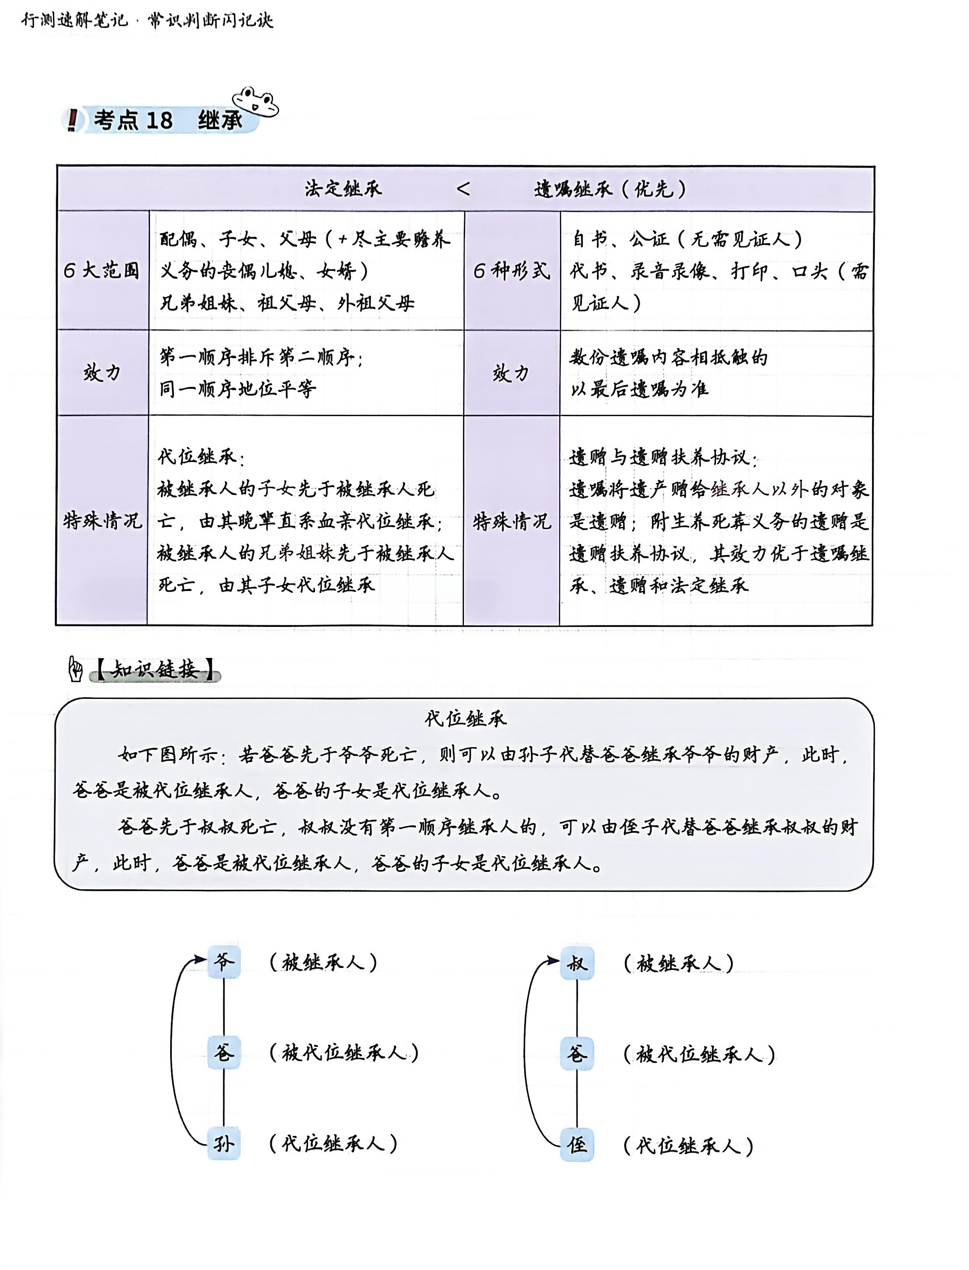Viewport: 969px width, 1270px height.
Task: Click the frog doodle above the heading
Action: pos(255,102)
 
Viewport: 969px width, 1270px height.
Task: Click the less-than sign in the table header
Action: pos(463,189)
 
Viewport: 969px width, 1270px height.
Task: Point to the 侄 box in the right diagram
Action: pos(577,1145)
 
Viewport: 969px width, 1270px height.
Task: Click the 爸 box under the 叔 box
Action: pos(577,1054)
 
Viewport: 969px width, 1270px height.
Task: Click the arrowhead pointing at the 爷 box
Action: pos(200,960)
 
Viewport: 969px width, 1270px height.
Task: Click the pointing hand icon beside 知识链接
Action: pos(76,669)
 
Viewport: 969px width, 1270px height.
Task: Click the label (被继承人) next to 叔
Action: pos(678,963)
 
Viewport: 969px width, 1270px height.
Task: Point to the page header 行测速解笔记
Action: pos(74,21)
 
